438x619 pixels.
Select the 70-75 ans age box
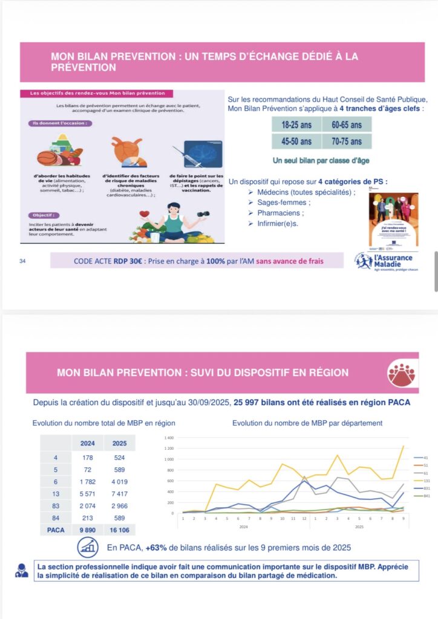(x=347, y=141)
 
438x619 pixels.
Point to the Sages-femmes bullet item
(x=283, y=203)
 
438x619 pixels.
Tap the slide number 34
(x=24, y=261)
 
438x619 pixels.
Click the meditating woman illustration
(x=174, y=222)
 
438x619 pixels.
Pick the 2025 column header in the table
(x=119, y=443)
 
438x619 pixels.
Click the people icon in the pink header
(x=401, y=373)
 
